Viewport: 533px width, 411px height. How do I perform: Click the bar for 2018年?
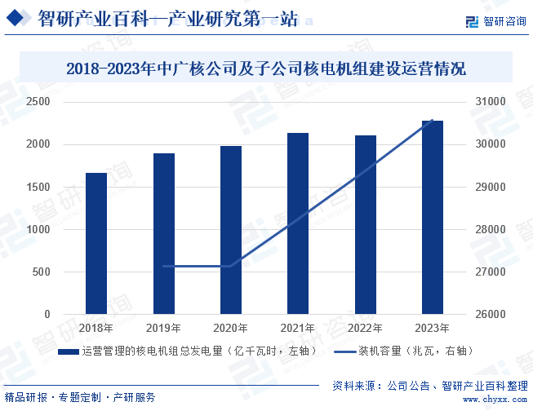pos(96,243)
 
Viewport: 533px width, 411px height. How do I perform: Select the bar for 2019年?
pos(164,233)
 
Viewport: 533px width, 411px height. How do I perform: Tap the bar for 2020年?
pos(231,230)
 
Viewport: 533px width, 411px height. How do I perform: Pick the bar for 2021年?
pos(298,223)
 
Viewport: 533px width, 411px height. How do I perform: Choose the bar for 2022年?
pos(366,224)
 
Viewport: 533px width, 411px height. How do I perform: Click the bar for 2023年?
pos(433,217)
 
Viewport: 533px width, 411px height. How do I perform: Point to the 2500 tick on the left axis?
pos(38,102)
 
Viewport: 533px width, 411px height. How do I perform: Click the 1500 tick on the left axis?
pos(38,187)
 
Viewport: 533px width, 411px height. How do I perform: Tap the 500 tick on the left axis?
pos(41,272)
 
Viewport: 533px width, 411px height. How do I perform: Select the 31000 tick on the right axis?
pos(491,102)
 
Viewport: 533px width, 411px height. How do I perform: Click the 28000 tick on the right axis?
pos(491,229)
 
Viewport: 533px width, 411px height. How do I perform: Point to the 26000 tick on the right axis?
pos(491,314)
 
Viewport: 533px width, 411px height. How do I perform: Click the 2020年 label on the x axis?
pos(231,328)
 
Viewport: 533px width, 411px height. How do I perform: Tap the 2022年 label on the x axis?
pos(366,328)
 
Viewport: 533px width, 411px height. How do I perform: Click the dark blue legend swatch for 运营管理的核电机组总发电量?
pos(69,351)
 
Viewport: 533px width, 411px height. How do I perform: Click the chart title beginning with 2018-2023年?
pos(266,68)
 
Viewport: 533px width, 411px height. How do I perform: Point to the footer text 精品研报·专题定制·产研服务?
pos(79,397)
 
